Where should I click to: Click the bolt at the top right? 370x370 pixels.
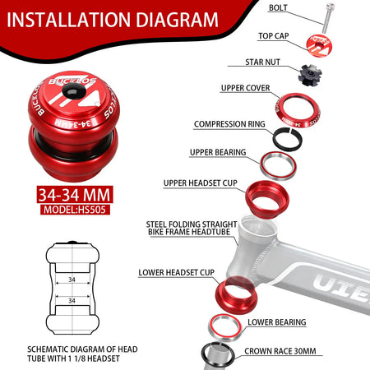328,18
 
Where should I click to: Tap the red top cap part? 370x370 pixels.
319,45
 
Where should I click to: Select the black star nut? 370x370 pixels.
310,75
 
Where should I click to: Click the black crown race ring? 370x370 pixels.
204,355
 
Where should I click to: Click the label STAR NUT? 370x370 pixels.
262,62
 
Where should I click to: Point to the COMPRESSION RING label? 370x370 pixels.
229,124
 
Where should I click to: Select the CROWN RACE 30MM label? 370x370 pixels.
280,351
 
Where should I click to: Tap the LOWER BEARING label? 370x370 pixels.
277,322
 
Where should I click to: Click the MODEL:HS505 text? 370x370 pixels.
75,210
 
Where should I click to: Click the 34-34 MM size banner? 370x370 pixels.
75,195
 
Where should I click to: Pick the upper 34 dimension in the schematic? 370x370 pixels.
72,280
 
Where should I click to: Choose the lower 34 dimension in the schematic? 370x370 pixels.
72,301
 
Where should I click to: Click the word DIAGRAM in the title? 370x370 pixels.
177,20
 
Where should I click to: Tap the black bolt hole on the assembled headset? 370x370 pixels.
74,91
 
